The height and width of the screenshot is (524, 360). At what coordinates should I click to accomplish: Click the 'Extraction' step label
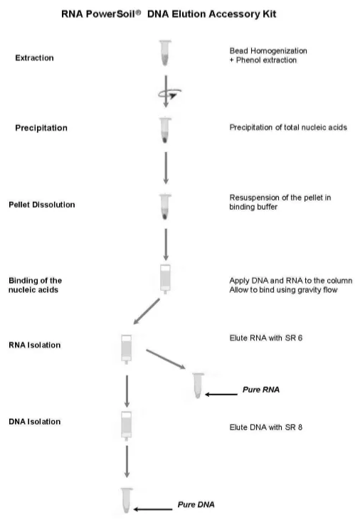(34, 58)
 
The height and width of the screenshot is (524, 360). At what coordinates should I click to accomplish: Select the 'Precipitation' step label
(41, 128)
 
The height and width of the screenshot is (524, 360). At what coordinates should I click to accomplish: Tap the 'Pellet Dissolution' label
(42, 205)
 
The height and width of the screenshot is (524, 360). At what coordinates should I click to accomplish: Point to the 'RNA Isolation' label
(35, 345)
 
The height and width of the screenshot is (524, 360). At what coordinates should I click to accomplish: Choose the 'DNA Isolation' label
(35, 422)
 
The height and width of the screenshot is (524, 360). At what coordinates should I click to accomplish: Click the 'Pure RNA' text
(261, 390)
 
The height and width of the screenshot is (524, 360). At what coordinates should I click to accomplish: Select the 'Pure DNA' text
(196, 505)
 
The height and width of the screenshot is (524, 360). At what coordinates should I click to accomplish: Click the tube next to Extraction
(165, 53)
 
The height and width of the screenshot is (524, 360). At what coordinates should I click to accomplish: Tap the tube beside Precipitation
(165, 130)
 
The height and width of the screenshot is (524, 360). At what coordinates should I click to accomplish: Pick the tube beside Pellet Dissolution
(165, 207)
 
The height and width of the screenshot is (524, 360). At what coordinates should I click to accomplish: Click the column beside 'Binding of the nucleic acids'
(165, 279)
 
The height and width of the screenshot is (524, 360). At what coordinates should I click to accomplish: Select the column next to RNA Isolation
(127, 349)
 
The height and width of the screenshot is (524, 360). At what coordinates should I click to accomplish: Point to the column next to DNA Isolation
(127, 426)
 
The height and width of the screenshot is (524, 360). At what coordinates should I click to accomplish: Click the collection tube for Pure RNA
(198, 385)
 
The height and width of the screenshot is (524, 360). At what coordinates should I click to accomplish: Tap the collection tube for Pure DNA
(127, 501)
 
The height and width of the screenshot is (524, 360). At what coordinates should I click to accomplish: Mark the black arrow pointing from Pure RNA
(221, 395)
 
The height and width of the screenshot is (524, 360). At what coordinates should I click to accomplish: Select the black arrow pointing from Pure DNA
(153, 509)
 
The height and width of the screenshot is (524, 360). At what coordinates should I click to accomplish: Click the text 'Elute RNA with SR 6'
(266, 338)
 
